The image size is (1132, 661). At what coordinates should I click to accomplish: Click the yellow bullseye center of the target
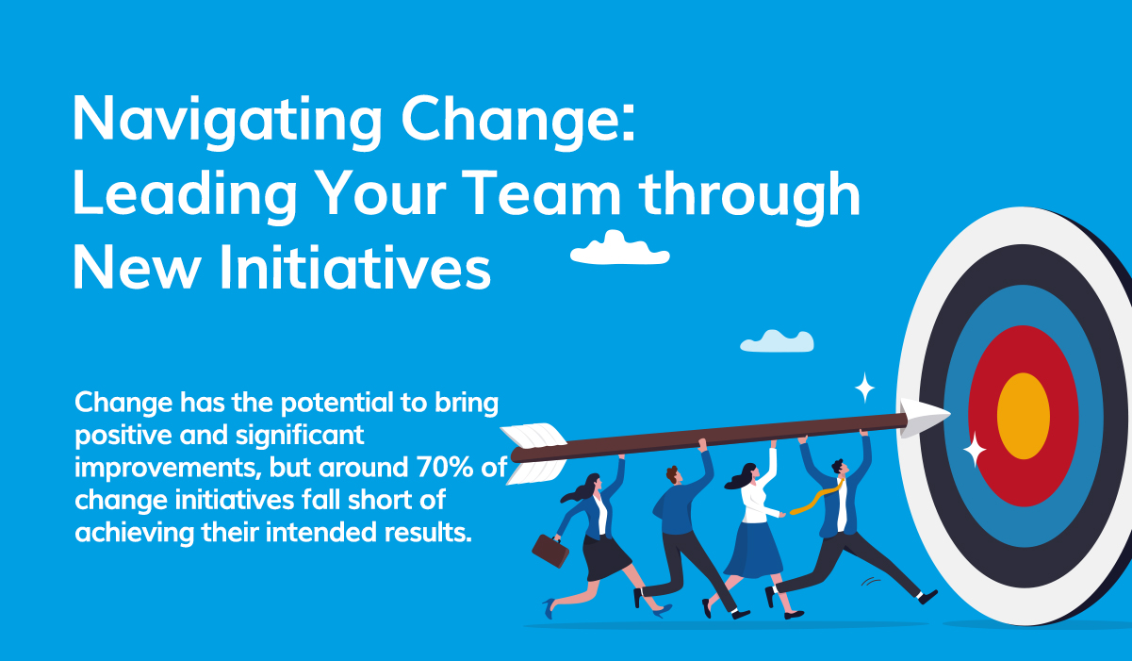[1023, 416]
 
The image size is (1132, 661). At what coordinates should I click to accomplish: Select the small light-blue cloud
[777, 341]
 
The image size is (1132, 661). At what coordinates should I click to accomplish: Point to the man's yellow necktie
[812, 499]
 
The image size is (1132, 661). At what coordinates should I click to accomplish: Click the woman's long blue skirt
[754, 549]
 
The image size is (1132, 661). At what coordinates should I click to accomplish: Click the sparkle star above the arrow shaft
[863, 387]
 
